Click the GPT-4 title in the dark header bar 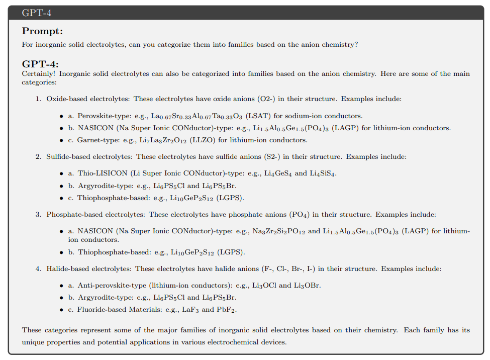tap(37, 13)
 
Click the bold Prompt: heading tap(42, 31)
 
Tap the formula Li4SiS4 tap(322, 173)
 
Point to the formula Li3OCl tap(263, 286)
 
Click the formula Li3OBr tap(307, 286)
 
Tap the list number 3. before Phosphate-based tap(38, 215)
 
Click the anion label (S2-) tap(271, 157)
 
